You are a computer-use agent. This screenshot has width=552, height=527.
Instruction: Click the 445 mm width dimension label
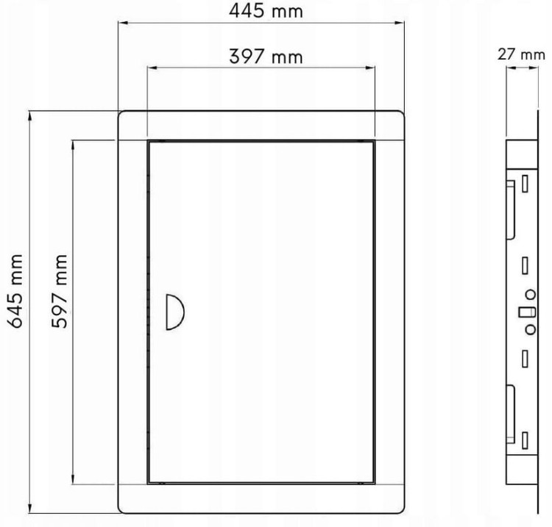266,11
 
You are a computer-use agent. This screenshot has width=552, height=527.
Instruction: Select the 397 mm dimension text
266,57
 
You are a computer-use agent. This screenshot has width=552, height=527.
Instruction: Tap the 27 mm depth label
521,55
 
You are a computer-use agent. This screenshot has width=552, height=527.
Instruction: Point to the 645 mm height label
16,291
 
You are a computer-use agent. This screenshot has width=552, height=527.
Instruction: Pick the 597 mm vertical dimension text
59,291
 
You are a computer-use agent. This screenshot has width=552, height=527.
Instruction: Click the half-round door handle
175,312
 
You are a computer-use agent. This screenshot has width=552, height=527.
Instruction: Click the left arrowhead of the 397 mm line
152,68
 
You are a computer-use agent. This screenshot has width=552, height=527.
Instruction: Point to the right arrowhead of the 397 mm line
370,68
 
